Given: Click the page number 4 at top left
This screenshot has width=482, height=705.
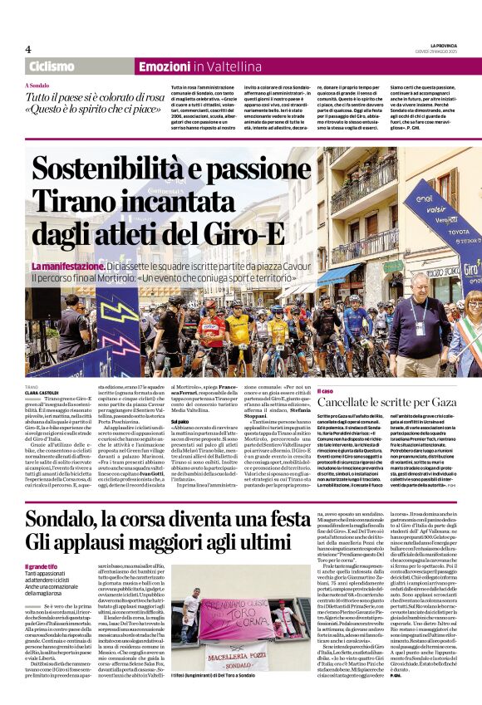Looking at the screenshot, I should [x=28, y=49].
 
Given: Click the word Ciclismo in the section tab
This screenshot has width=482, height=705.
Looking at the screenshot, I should [x=52, y=66].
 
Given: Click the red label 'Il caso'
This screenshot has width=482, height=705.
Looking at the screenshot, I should [x=325, y=390].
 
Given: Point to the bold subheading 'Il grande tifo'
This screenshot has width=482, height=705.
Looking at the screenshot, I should [x=41, y=544].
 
